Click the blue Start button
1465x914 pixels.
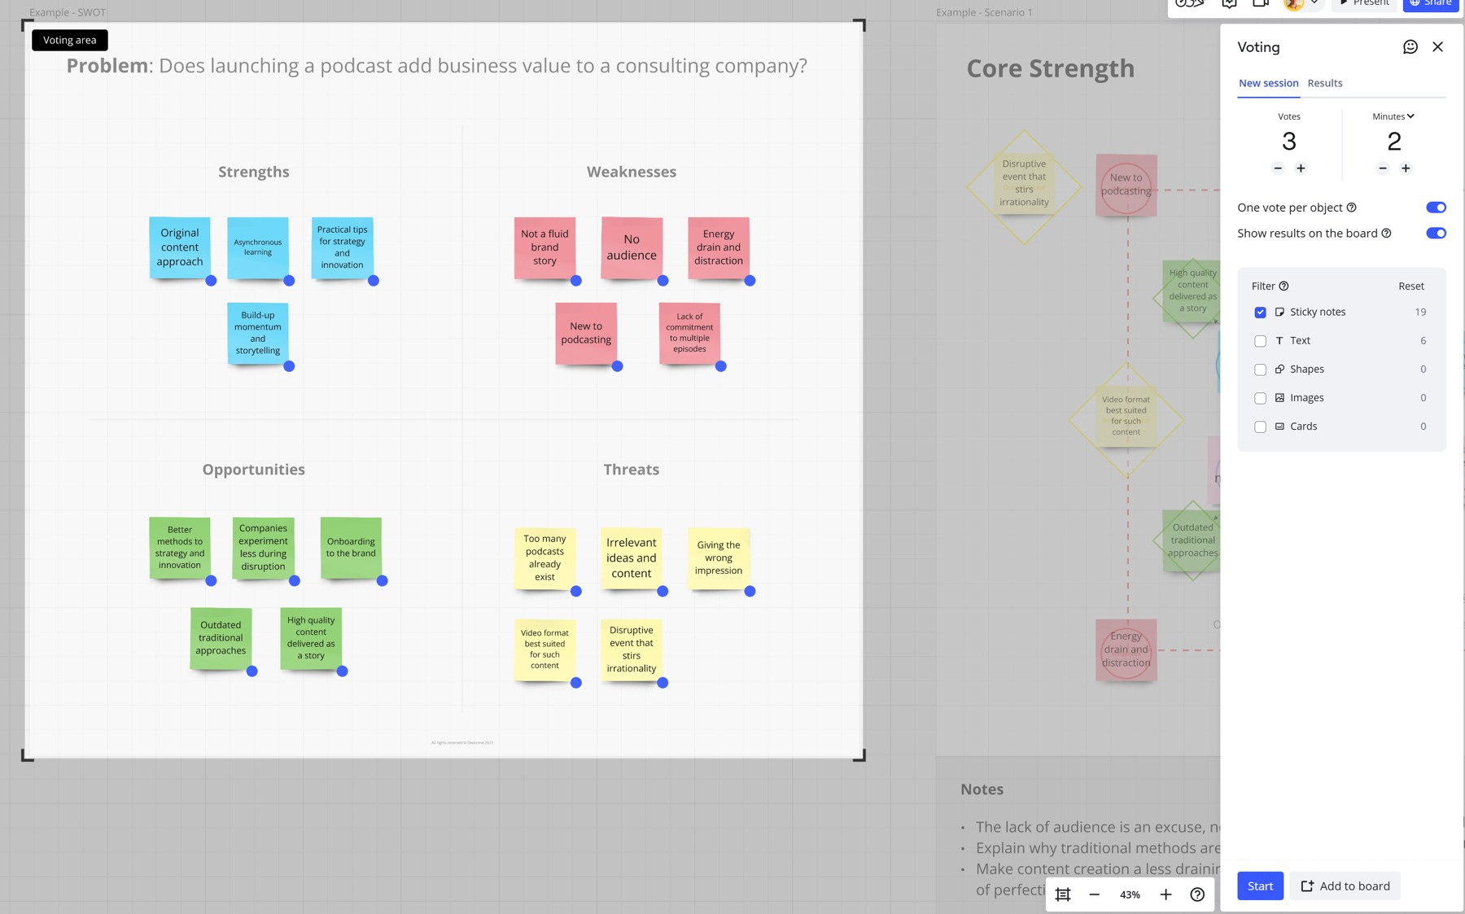(1260, 886)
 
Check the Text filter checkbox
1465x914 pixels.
(1260, 341)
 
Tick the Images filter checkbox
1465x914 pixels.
(1260, 398)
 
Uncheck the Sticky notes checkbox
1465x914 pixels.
(1260, 313)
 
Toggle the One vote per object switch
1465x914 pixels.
(1436, 208)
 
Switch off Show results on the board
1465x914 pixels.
(1436, 234)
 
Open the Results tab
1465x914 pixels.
(1324, 83)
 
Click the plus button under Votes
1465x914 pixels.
(1301, 168)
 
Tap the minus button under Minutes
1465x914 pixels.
(1383, 168)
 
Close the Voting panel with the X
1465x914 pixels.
(1437, 47)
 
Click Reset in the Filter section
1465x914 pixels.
(1410, 286)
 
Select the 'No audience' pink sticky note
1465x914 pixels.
(632, 247)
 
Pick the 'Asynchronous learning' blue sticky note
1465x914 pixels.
(258, 247)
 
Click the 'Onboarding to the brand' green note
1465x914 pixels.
(351, 548)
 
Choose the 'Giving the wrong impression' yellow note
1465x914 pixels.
(718, 558)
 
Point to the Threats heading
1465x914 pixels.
(631, 470)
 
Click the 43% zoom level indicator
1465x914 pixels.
(1130, 894)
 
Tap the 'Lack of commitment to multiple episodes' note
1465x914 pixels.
(689, 333)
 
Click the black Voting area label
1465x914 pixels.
(69, 40)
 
